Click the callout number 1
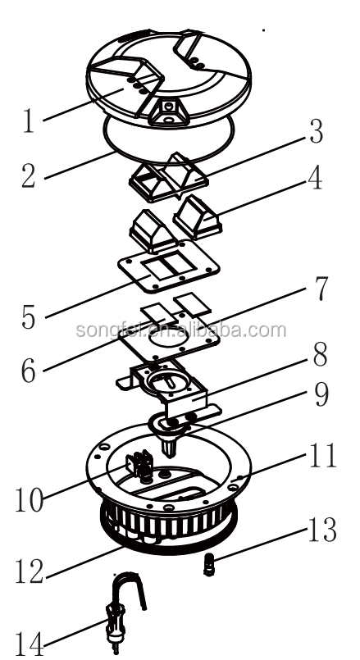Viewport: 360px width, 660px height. point(28,121)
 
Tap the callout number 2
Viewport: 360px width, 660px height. point(29,175)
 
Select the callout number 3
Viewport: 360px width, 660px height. point(316,132)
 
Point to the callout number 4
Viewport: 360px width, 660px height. point(315,178)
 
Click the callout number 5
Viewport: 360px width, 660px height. point(29,317)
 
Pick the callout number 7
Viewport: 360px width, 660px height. point(321,289)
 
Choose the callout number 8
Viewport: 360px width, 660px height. point(321,354)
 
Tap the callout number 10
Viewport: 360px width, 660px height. point(29,499)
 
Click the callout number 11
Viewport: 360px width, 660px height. point(323,455)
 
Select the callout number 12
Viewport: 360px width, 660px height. point(29,571)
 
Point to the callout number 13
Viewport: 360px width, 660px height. point(322,530)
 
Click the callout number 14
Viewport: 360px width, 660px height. point(29,644)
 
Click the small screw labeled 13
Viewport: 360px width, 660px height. point(208,564)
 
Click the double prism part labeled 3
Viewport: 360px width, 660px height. point(168,177)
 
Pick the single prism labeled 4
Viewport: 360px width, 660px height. point(198,216)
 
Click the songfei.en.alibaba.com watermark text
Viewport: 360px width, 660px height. point(181,330)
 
